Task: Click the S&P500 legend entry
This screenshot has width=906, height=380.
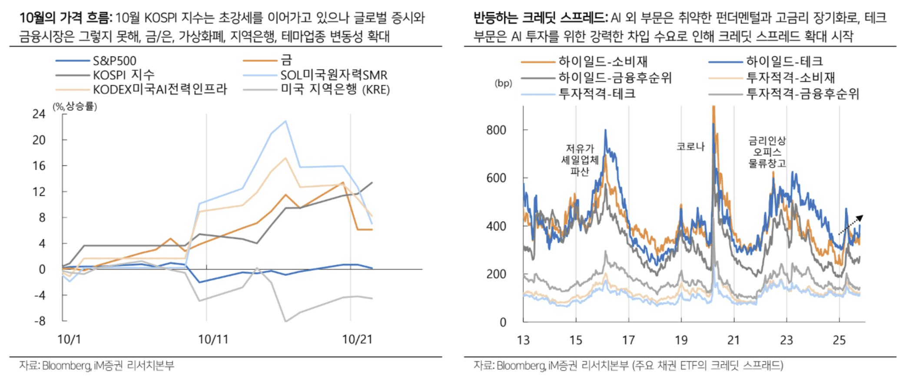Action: coord(114,61)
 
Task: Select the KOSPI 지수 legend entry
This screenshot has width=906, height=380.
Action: coord(123,75)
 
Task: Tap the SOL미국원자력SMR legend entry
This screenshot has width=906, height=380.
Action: coord(333,75)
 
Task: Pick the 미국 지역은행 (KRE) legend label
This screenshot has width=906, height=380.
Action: coord(335,89)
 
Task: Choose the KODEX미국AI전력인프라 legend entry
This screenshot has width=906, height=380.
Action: coord(159,89)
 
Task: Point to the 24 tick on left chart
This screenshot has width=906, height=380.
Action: coord(39,114)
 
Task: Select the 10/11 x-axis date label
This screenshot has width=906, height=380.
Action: coord(213,339)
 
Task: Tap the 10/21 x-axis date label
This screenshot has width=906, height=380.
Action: coord(357,339)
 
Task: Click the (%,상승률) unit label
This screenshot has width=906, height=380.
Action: coord(75,106)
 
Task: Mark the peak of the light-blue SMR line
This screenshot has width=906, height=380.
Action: coord(285,121)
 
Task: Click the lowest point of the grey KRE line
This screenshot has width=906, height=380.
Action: coord(285,321)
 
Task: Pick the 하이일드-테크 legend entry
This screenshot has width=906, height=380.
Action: coord(784,62)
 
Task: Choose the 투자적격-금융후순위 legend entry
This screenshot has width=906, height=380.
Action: coord(802,93)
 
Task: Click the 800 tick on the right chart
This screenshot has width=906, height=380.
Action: coord(496,130)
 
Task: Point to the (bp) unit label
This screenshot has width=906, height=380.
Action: coord(503,83)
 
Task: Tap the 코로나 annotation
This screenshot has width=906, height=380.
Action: coord(690,146)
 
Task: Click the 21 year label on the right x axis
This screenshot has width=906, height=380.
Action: coord(733,340)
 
